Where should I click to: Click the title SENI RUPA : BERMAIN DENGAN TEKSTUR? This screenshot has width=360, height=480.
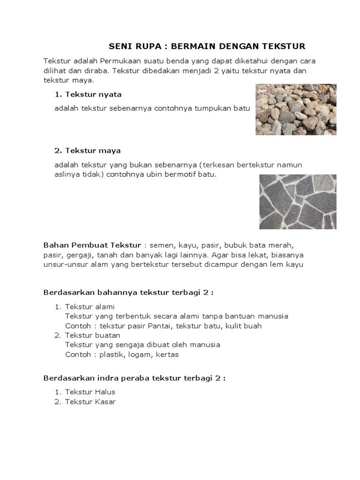tap(207, 46)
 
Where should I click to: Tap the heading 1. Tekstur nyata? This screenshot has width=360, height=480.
tap(88, 94)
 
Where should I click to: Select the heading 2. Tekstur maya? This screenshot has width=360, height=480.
tap(88, 150)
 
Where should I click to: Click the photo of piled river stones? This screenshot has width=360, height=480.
tap(295, 110)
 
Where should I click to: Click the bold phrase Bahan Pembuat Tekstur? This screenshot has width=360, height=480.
tap(92, 245)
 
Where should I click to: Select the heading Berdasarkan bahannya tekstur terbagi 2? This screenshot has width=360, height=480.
tap(128, 293)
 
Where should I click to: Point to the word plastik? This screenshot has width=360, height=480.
tap(112, 354)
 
